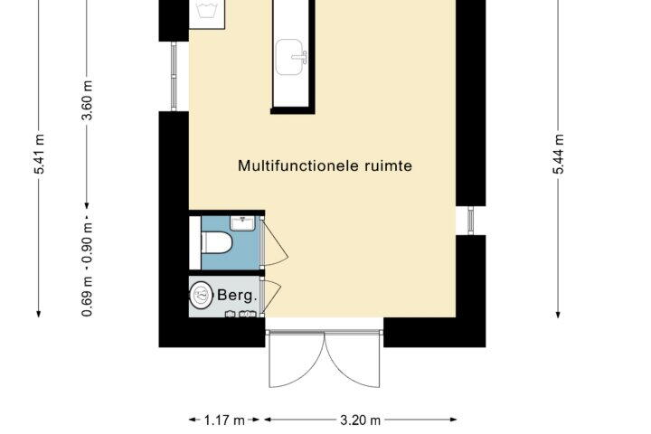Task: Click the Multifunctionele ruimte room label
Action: pyautogui.click(x=325, y=165)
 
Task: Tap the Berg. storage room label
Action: pyautogui.click(x=237, y=296)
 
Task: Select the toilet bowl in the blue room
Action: pyautogui.click(x=216, y=242)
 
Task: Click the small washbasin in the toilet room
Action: pyautogui.click(x=242, y=223)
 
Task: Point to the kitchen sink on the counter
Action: pyautogui.click(x=290, y=57)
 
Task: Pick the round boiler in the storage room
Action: pyautogui.click(x=202, y=295)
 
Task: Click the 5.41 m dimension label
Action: pyautogui.click(x=39, y=154)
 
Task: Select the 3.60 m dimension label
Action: pyautogui.click(x=87, y=100)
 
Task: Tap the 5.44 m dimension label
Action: pyautogui.click(x=559, y=154)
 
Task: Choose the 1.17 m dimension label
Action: pyautogui.click(x=224, y=420)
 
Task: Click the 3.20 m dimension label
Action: pyautogui.click(x=361, y=420)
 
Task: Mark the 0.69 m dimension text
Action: pyautogui.click(x=87, y=297)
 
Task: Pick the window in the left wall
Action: pyautogui.click(x=174, y=77)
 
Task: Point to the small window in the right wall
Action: pyautogui.click(x=470, y=221)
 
